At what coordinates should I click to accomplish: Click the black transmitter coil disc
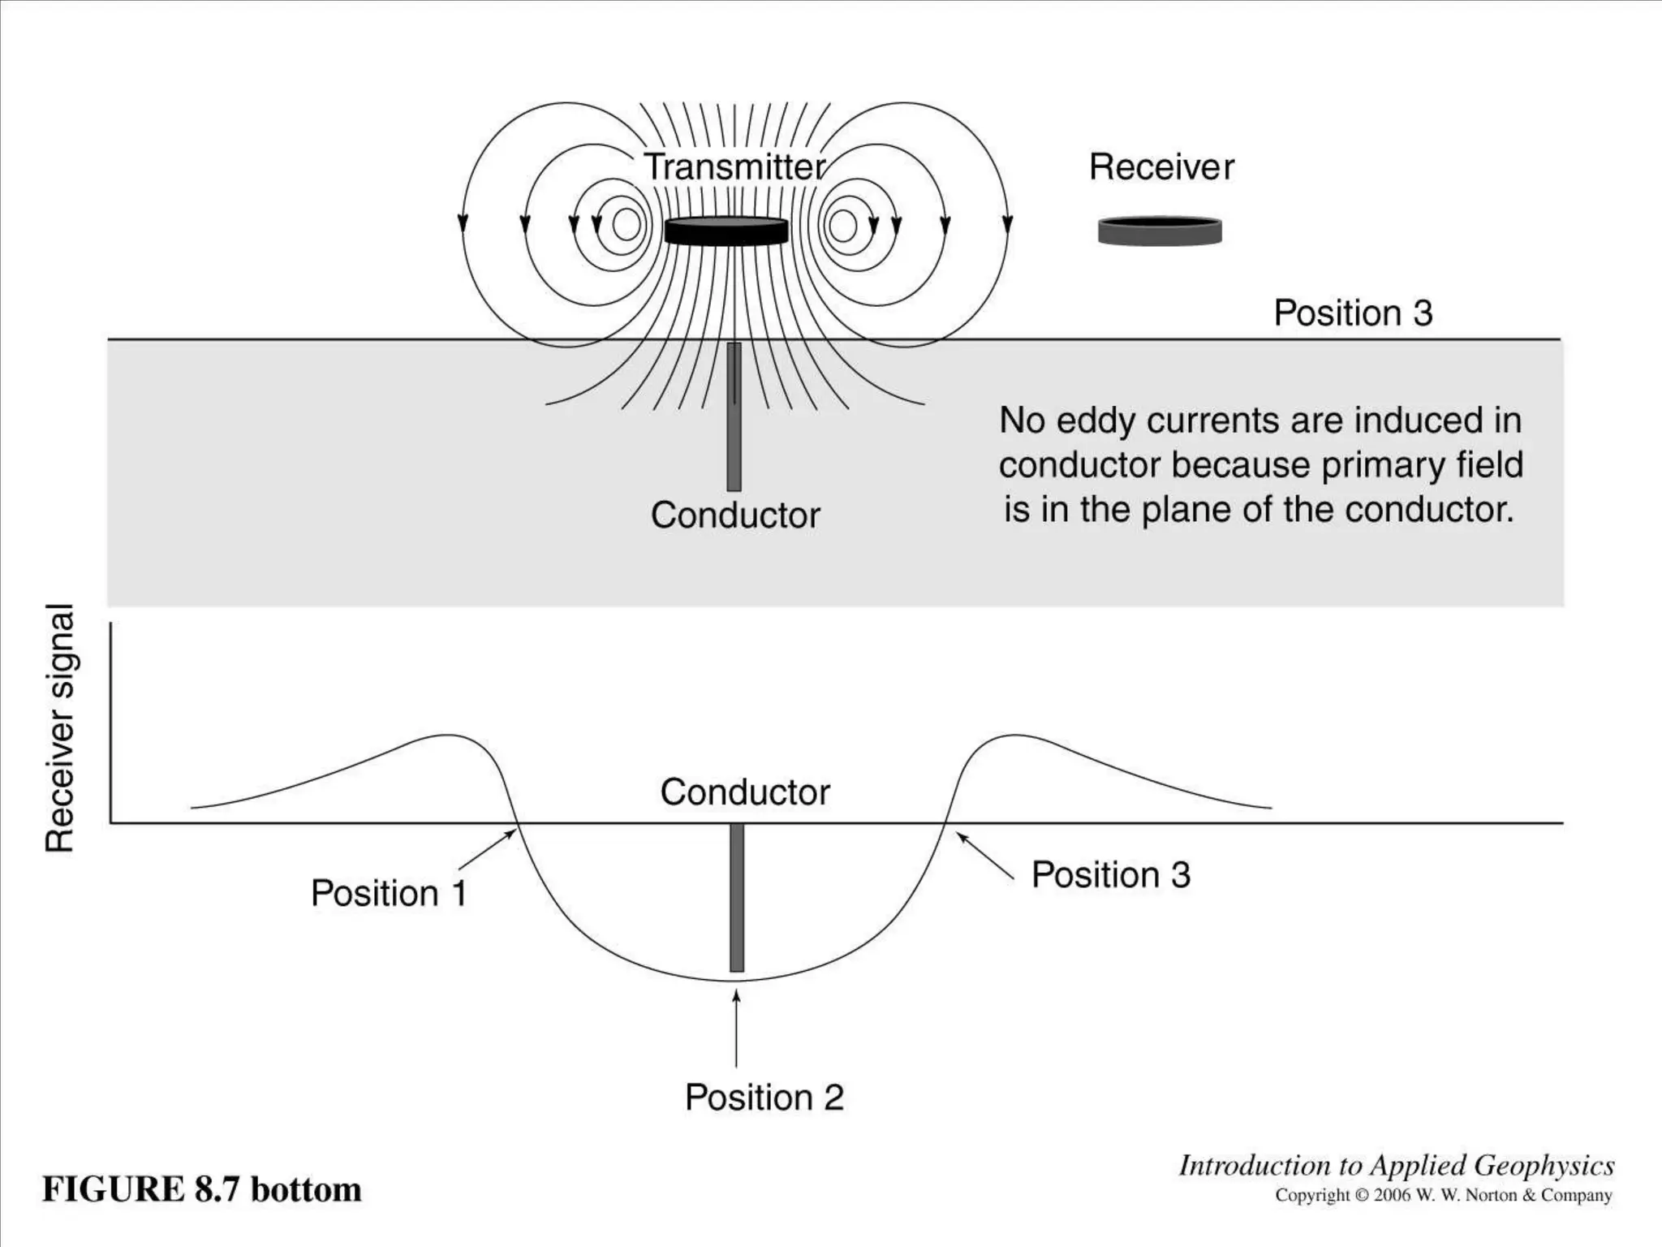tap(726, 231)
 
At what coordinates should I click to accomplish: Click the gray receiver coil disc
tap(1160, 231)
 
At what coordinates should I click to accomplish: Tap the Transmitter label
tap(735, 167)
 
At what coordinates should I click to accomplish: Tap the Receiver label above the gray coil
tap(1161, 167)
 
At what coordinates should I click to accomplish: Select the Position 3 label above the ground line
tap(1353, 313)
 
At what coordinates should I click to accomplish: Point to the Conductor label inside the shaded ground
tap(735, 516)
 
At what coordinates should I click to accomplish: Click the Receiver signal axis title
tap(60, 727)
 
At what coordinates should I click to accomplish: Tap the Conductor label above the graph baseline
tap(745, 792)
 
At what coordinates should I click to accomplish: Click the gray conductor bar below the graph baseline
tap(736, 897)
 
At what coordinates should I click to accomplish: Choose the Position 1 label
tap(389, 893)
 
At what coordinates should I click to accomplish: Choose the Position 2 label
tap(764, 1098)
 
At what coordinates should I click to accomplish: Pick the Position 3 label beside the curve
tap(1110, 875)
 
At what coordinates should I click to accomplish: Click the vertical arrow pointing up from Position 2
tap(736, 1027)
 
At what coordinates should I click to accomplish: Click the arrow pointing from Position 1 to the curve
tap(488, 849)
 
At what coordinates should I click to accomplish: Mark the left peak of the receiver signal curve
tap(445, 736)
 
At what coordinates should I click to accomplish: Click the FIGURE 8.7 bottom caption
tap(202, 1189)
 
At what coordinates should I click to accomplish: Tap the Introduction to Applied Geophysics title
tap(1396, 1166)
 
